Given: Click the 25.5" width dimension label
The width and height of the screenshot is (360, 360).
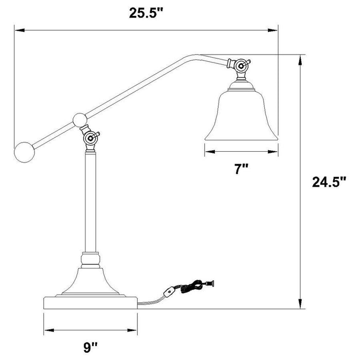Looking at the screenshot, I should (x=146, y=14).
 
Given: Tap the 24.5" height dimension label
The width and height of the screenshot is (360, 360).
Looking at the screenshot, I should (x=329, y=182).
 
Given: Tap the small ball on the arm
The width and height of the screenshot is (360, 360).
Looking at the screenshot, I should (x=80, y=120).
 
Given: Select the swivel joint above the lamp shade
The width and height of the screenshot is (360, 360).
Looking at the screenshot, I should (x=240, y=66).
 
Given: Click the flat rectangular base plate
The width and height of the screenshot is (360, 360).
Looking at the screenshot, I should (x=90, y=302).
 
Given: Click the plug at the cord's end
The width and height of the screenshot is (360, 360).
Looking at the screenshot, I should (x=209, y=282).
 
